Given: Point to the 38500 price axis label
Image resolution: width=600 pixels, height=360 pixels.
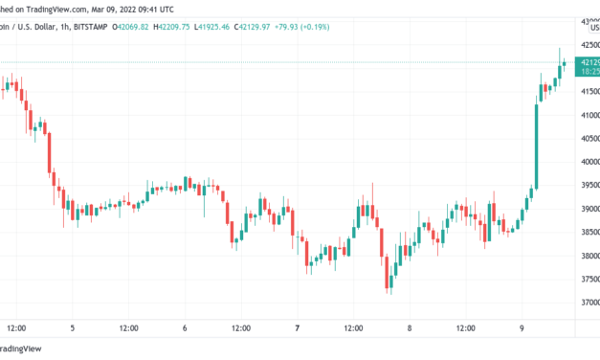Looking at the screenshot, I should pos(586,233).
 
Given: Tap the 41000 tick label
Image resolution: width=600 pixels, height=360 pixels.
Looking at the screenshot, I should pos(586,114).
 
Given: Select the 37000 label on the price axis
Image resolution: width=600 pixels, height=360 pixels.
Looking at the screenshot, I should pos(586,304).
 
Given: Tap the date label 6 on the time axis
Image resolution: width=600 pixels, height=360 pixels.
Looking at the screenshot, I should pos(185,328).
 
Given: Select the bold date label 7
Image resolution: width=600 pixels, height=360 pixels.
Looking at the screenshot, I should pos(298,328).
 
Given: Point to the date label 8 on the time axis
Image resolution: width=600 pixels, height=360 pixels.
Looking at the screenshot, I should pos(410,328).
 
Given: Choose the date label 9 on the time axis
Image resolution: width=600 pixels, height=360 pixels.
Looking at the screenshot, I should pos(522,328).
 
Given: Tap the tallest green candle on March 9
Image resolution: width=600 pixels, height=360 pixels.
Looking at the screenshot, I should pos(536,143).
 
